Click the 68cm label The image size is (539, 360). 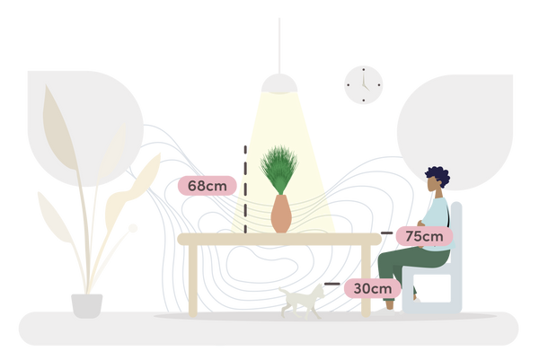click(x=208, y=186)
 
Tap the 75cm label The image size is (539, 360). click(x=424, y=236)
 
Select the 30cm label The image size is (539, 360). click(x=373, y=288)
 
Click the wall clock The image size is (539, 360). click(x=364, y=85)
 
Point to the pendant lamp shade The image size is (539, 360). click(x=279, y=83)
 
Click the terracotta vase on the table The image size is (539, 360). click(x=281, y=214)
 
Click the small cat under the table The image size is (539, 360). click(x=302, y=302)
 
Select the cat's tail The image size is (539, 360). click(x=284, y=291)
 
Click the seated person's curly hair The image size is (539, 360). click(x=438, y=176)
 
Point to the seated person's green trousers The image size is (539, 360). click(x=409, y=268)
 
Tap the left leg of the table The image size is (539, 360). click(x=193, y=280)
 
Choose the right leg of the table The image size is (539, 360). click(x=366, y=280)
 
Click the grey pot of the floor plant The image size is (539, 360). click(x=86, y=306)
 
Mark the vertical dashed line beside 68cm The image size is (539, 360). click(x=245, y=189)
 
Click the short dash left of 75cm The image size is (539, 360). click(x=386, y=233)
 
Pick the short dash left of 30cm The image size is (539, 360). click(x=332, y=284)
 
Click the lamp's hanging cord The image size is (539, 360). click(x=279, y=46)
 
